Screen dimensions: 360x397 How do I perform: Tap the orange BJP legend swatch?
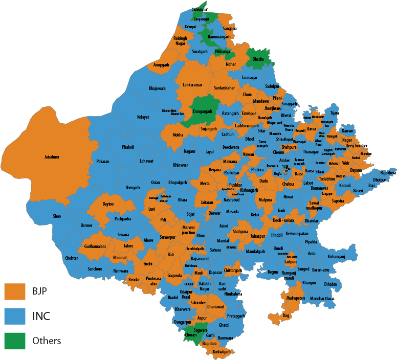tap(15, 291)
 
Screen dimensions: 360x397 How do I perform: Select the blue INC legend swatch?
tap(15, 316)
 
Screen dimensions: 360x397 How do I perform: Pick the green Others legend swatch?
tap(15, 341)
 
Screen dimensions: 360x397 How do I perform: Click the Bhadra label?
tap(258, 60)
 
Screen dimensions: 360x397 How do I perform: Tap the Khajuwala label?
tap(157, 88)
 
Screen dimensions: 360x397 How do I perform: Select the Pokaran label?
tap(103, 162)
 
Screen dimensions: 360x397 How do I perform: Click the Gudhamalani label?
tap(95, 246)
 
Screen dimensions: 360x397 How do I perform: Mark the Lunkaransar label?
tap(192, 85)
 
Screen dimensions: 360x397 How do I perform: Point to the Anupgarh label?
tap(161, 65)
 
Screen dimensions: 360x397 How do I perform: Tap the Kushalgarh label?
tap(222, 352)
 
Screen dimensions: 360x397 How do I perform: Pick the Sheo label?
tap(57, 216)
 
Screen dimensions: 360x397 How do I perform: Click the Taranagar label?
tap(249, 77)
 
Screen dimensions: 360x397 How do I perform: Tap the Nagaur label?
tap(189, 151)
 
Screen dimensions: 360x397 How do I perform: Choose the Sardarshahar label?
tap(224, 88)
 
